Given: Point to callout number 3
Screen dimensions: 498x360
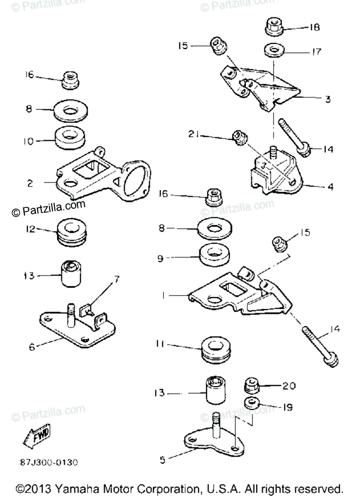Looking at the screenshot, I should (x=327, y=99).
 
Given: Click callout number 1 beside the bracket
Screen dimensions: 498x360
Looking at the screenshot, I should (x=164, y=295).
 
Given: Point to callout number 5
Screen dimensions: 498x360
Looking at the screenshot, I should (x=163, y=459).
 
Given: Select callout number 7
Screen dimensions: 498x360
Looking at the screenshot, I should (x=116, y=280).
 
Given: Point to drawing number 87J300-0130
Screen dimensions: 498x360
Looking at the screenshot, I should (x=48, y=461).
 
